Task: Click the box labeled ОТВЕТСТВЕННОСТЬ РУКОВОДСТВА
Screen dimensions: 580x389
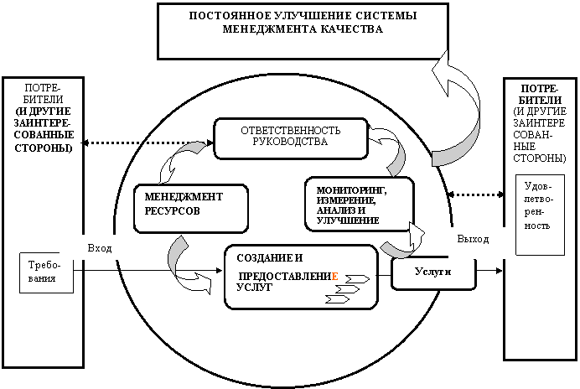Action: tap(291, 139)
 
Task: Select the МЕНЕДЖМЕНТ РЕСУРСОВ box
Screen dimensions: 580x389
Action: tap(190, 209)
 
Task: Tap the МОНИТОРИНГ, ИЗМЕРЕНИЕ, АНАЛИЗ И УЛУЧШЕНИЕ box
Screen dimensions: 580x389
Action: tap(359, 204)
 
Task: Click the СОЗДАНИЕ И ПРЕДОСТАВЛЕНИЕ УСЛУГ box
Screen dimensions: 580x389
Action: tap(301, 277)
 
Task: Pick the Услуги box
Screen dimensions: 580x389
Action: tap(433, 273)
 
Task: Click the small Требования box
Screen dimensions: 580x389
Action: tap(46, 272)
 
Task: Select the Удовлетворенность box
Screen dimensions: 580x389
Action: tap(540, 215)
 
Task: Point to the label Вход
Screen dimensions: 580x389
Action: tap(100, 248)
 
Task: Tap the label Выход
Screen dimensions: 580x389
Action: tap(473, 239)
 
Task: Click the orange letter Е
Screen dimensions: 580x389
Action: tap(334, 276)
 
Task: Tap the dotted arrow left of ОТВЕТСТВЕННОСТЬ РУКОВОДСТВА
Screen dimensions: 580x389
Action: tap(148, 143)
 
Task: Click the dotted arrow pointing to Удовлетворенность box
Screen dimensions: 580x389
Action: tap(476, 194)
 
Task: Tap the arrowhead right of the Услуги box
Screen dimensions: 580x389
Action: tap(499, 271)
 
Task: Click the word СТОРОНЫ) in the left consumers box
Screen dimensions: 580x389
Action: tap(44, 148)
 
